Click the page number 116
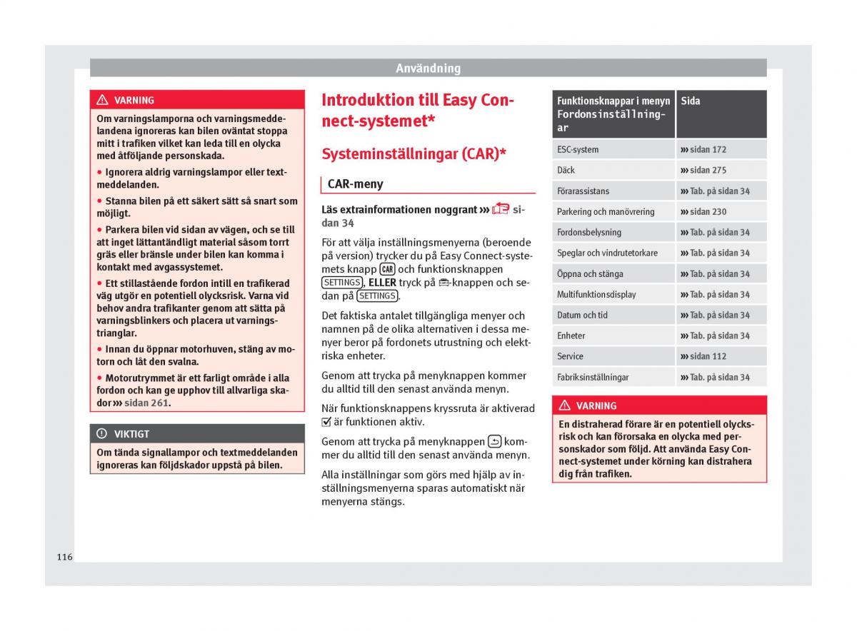pyautogui.click(x=65, y=557)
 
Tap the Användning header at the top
pyautogui.click(x=428, y=69)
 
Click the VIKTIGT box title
pyautogui.click(x=131, y=434)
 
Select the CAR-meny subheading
pyautogui.click(x=356, y=184)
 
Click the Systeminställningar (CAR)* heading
pyautogui.click(x=414, y=153)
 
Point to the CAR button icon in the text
pyautogui.click(x=388, y=269)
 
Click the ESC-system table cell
pyautogui.click(x=578, y=150)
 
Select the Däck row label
pyautogui.click(x=566, y=171)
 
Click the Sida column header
pyautogui.click(x=691, y=101)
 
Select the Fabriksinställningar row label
pyautogui.click(x=593, y=378)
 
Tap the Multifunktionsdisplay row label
pyautogui.click(x=596, y=295)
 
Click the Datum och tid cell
pyautogui.click(x=582, y=315)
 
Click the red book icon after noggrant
pyautogui.click(x=501, y=209)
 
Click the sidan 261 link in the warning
pyautogui.click(x=146, y=403)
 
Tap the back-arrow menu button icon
pyautogui.click(x=495, y=441)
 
